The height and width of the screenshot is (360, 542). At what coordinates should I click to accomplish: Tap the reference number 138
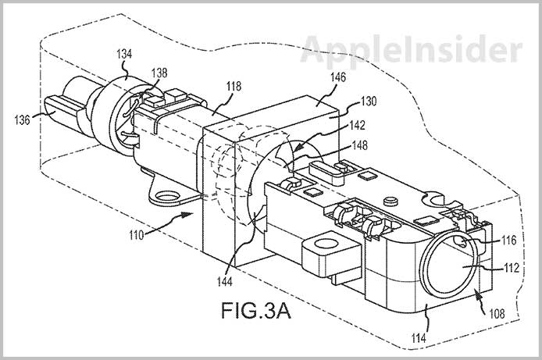(159, 70)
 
